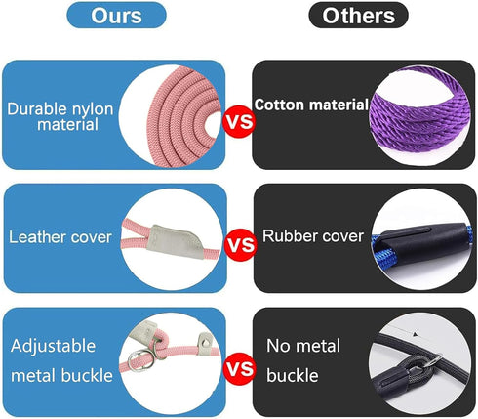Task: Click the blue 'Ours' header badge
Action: (116, 15)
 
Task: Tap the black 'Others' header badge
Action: (358, 15)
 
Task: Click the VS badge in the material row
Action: (240, 121)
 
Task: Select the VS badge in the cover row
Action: (241, 244)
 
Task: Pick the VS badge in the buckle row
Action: (240, 368)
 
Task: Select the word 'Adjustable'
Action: (53, 346)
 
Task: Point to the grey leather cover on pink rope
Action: (175, 242)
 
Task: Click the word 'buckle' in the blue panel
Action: (87, 375)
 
